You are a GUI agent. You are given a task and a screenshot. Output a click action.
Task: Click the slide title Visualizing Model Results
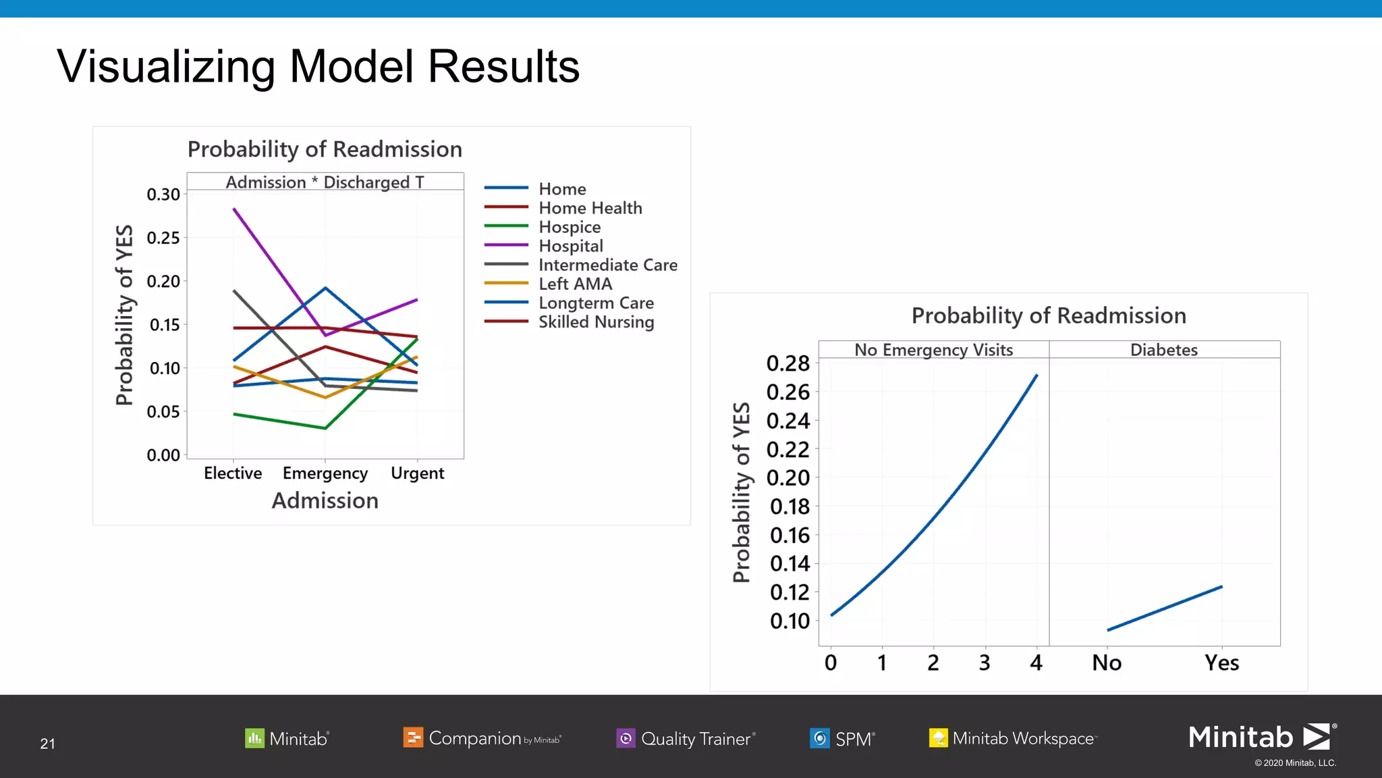(318, 67)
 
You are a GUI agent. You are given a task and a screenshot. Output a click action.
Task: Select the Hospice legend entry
(569, 227)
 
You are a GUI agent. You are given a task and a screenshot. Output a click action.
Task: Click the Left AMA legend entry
(575, 284)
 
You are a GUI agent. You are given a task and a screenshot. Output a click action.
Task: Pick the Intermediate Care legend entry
(607, 265)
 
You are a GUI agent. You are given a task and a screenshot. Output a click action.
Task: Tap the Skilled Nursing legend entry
(596, 322)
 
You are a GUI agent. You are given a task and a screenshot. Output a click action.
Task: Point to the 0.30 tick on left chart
(163, 194)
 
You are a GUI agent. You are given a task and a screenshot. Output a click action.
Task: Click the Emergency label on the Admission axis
(325, 473)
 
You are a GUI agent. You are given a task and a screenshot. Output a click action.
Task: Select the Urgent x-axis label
(417, 473)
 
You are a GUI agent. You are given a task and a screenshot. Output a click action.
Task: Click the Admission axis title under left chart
(325, 500)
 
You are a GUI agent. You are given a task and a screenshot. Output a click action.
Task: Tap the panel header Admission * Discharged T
(325, 182)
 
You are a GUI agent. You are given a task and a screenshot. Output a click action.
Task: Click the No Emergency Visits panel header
(933, 350)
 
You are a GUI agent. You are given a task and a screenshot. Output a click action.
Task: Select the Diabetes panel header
(1163, 350)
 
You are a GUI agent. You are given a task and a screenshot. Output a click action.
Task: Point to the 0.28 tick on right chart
(787, 363)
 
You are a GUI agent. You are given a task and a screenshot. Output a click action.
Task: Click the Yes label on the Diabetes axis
(1221, 663)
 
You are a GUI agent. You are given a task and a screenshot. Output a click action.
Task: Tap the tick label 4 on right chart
(1036, 663)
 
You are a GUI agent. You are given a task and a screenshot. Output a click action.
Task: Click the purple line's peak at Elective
(234, 209)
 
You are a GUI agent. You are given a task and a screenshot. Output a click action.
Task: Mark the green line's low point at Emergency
(325, 428)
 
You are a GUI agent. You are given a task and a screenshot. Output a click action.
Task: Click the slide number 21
(47, 744)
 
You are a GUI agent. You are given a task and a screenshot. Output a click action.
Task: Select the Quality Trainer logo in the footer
(686, 738)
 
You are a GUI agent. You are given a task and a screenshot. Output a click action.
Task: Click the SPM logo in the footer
(842, 738)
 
